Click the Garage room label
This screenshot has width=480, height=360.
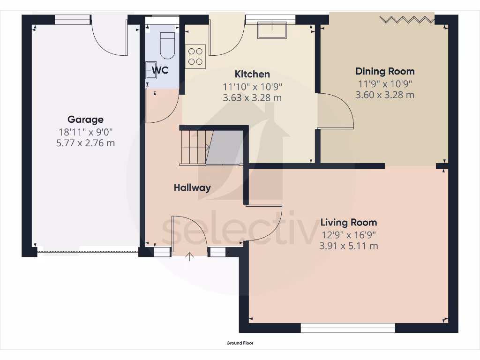pyautogui.click(x=85, y=120)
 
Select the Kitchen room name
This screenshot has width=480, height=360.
pyautogui.click(x=252, y=74)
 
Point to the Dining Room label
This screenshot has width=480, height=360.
pyautogui.click(x=385, y=71)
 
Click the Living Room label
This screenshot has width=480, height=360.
pyautogui.click(x=348, y=222)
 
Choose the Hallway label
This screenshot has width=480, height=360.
pyautogui.click(x=192, y=187)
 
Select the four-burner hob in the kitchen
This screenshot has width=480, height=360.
pyautogui.click(x=195, y=56)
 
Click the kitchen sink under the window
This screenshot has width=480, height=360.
pyautogui.click(x=273, y=30)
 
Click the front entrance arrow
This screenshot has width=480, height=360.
pyautogui.click(x=190, y=256)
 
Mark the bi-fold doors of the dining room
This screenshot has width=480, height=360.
pyautogui.click(x=406, y=19)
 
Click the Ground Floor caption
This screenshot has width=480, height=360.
pyautogui.click(x=240, y=343)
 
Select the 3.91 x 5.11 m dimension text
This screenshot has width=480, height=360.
pyautogui.click(x=348, y=246)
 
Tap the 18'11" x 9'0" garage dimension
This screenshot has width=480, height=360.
pyautogui.click(x=85, y=132)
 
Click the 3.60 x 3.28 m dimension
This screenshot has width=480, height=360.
pyautogui.click(x=385, y=95)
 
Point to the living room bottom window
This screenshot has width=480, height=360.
pyautogui.click(x=348, y=328)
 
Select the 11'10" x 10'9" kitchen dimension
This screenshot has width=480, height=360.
pyautogui.click(x=252, y=86)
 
